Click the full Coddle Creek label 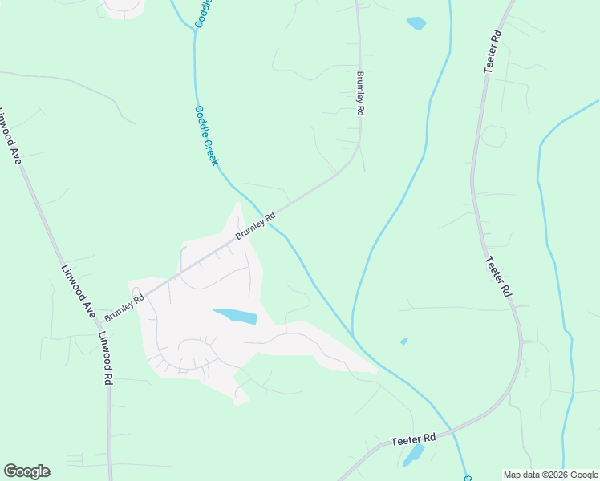pos(206,135)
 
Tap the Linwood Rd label pos(106,359)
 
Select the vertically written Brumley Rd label pos(361,95)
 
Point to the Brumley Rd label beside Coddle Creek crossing pos(256,226)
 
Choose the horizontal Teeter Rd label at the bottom pos(413,439)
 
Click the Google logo pos(26,471)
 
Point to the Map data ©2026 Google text pos(550,475)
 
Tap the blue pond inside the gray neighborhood pos(235,316)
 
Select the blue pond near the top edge pos(416,23)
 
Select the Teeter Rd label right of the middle pos(497,277)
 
